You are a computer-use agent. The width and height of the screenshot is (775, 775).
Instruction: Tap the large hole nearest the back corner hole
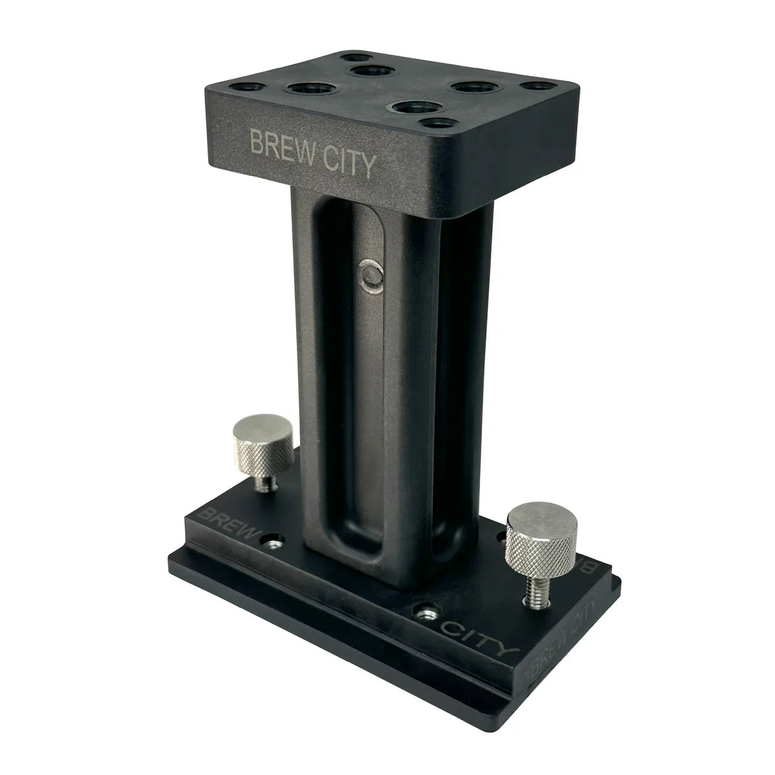371,70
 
